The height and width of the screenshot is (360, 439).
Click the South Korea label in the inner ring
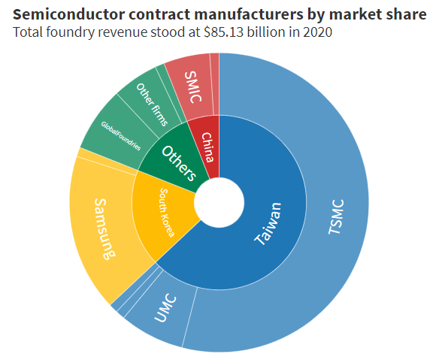[x=166, y=213]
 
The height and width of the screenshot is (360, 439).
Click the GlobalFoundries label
[x=120, y=135]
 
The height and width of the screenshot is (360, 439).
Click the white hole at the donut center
[x=219, y=202]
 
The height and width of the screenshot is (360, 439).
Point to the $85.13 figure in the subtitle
[x=219, y=32]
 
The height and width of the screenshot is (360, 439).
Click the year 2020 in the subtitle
[x=318, y=32]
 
